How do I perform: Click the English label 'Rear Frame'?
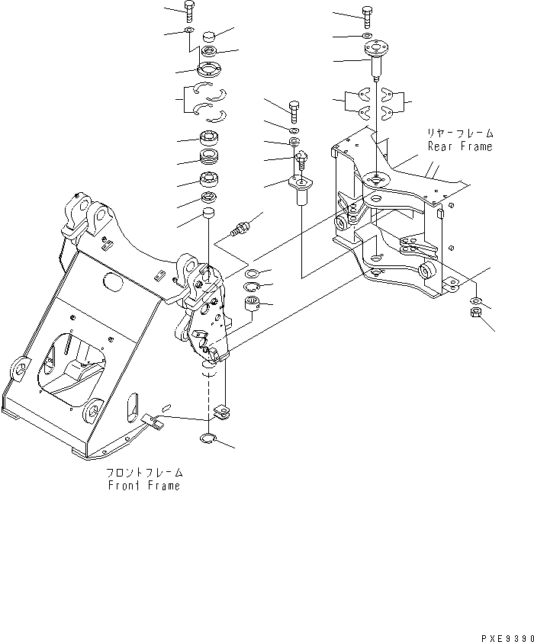459,146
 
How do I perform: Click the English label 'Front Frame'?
144,486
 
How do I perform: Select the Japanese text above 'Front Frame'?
145,473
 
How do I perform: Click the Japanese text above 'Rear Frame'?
459,133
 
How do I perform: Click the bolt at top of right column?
368,14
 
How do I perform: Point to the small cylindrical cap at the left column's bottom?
206,217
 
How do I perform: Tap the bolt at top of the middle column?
294,109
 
